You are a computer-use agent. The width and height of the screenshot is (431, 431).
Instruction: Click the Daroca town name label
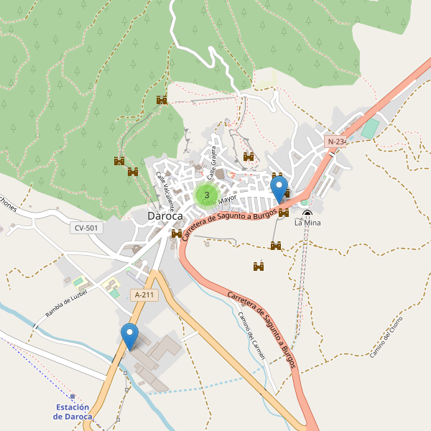click(x=164, y=215)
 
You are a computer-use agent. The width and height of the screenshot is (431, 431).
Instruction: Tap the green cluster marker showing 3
click(x=207, y=194)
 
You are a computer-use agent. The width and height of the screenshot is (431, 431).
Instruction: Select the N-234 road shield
click(x=336, y=142)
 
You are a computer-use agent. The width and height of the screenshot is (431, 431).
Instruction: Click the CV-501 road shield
click(x=87, y=228)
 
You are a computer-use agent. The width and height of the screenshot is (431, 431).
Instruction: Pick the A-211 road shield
click(x=144, y=295)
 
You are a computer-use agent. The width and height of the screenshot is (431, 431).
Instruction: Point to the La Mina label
click(x=307, y=223)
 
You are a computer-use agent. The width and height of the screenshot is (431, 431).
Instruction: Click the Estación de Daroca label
click(x=73, y=412)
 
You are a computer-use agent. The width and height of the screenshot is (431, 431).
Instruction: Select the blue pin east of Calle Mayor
click(x=279, y=189)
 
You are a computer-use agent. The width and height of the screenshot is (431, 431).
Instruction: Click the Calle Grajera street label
click(x=212, y=162)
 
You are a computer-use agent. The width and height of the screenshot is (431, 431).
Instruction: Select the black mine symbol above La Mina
click(x=307, y=213)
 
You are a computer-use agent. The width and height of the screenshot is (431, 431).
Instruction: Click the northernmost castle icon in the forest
click(x=162, y=100)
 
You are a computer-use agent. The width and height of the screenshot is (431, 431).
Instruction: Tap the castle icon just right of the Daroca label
click(x=177, y=233)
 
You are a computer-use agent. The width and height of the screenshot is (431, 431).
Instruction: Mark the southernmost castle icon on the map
click(x=259, y=267)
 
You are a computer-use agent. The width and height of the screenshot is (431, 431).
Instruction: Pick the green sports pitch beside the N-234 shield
click(x=369, y=129)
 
